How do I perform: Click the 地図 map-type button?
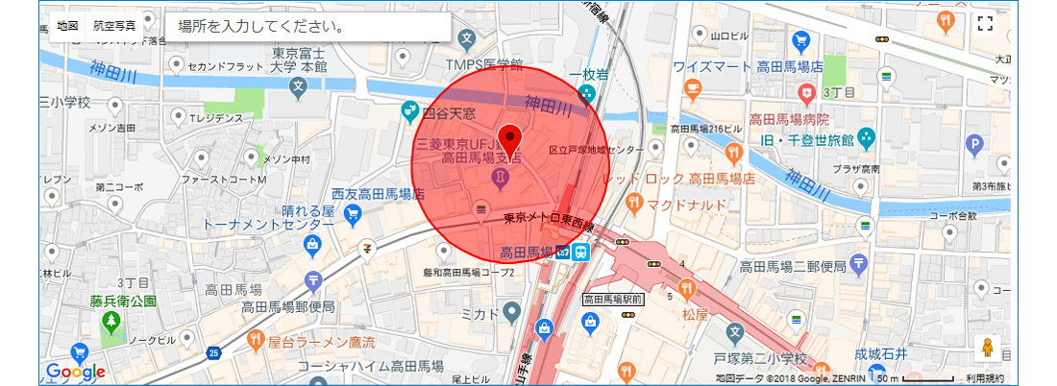tap(67, 27)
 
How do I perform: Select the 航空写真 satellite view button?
tap(114, 27)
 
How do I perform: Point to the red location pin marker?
tap(510, 137)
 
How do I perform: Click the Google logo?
tap(75, 372)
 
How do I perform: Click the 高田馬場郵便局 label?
tap(288, 306)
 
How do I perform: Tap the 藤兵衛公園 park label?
tap(123, 301)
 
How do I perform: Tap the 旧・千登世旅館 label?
tap(806, 139)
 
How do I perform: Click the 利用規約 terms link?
tap(985, 379)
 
